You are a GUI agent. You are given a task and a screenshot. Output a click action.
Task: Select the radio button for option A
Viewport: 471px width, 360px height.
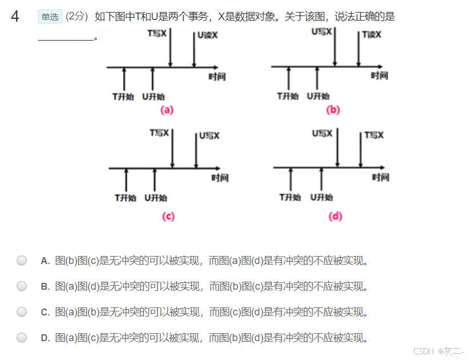[x=22, y=261]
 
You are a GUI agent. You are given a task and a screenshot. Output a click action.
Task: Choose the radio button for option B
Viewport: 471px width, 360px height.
[x=22, y=286]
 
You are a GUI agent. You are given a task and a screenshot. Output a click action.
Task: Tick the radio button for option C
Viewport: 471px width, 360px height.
[x=22, y=311]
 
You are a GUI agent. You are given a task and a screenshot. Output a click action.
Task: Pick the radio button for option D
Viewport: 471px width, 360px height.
[x=22, y=337]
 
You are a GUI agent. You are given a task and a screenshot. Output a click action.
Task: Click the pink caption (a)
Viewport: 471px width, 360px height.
[x=167, y=110]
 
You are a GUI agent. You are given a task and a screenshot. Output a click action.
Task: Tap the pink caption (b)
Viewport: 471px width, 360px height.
[x=333, y=110]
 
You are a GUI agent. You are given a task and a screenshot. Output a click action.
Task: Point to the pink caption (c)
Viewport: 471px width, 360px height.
[x=168, y=216]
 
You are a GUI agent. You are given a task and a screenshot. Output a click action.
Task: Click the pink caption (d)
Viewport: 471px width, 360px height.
[x=336, y=216]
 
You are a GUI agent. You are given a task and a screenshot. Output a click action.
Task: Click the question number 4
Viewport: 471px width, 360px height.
[x=15, y=17]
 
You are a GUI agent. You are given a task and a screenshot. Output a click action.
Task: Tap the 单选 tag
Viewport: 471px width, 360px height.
[x=50, y=17]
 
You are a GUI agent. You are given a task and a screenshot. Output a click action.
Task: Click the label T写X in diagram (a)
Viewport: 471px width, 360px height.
[x=157, y=34]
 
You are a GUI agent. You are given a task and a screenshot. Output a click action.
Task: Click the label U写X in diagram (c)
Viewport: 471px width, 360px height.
[x=210, y=136]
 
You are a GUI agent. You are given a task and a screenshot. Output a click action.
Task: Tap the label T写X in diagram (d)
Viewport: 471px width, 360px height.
[x=375, y=135]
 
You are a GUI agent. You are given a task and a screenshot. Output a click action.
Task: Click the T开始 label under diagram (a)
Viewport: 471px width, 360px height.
[x=123, y=97]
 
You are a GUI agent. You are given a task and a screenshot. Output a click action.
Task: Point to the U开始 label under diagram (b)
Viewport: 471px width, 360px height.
[x=318, y=96]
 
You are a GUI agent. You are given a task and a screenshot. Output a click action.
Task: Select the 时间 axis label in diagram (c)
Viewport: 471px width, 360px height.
[x=220, y=178]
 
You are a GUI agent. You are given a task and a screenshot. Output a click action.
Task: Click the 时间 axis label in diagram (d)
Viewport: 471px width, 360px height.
[x=381, y=178]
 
